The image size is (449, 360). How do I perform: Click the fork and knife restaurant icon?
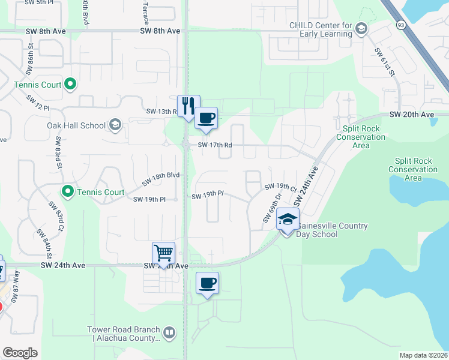click(x=188, y=106)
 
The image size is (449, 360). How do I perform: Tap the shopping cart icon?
click(x=164, y=253)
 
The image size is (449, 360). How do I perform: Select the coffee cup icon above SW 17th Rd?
click(x=206, y=118)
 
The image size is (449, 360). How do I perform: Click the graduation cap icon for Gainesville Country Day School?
click(x=288, y=220)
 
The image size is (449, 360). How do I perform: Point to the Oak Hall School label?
click(x=76, y=125)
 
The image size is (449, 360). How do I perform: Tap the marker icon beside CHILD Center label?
click(x=361, y=28)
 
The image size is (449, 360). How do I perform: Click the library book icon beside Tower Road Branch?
click(x=170, y=332)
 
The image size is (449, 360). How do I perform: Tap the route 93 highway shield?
click(x=400, y=23)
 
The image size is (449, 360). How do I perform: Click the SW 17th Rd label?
click(x=215, y=145)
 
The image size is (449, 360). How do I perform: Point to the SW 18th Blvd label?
click(x=161, y=178)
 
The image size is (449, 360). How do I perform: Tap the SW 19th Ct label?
click(x=281, y=187)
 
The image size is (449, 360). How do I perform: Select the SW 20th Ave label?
click(x=411, y=114)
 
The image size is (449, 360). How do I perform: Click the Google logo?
click(x=20, y=353)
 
